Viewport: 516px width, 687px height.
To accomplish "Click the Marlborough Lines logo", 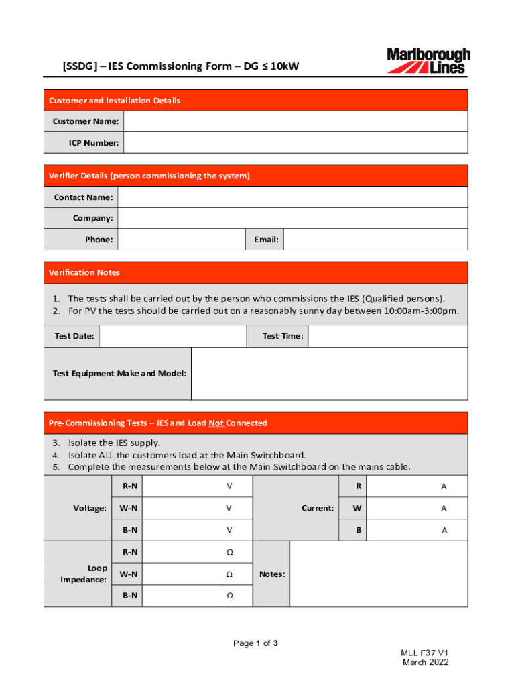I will click(428, 60).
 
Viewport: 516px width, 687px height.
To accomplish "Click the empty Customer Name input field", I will click(295, 121).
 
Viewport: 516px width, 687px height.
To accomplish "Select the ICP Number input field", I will click(295, 143).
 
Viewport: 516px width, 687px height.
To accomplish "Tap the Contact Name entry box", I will click(292, 197).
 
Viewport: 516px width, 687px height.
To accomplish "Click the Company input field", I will click(292, 218).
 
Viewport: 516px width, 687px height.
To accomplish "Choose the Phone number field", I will click(181, 240).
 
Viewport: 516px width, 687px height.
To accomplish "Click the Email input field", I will click(375, 240).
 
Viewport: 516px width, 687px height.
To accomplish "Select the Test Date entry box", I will click(171, 336).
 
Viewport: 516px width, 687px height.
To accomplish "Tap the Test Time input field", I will click(387, 336).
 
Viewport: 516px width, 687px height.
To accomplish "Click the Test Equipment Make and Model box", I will click(329, 374).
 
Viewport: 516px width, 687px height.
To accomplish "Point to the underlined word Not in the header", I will click(216, 423).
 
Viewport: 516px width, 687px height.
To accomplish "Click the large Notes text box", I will click(378, 574).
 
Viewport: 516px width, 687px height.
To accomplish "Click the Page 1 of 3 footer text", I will click(255, 643).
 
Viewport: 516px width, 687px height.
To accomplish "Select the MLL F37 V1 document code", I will click(425, 653).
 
